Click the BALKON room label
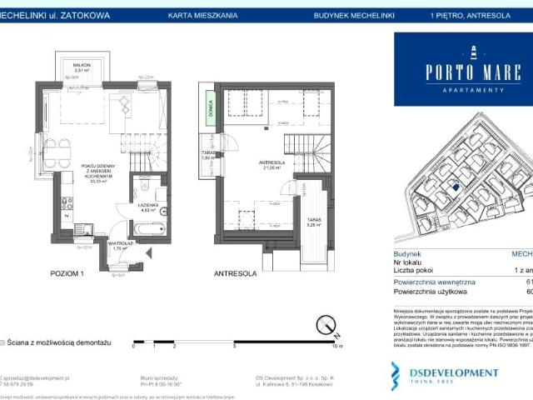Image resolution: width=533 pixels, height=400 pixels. click(81, 66)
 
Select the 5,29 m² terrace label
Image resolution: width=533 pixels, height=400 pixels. click(313, 223)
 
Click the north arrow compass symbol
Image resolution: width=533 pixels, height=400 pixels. click(331, 321)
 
